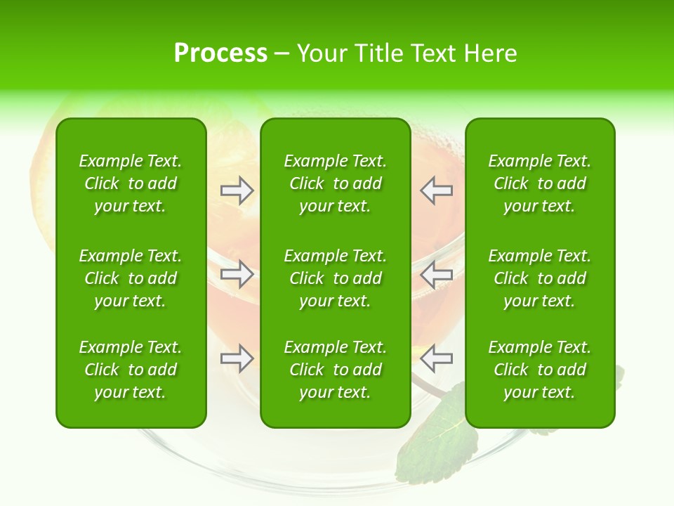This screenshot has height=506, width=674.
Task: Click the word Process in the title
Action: (x=220, y=53)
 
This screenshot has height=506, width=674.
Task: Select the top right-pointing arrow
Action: (x=237, y=190)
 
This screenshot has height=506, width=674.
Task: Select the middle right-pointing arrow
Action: (x=237, y=274)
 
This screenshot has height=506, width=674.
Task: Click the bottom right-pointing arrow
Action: (x=237, y=358)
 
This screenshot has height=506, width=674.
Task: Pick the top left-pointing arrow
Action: (x=436, y=190)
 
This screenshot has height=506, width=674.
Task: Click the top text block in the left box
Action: (x=131, y=183)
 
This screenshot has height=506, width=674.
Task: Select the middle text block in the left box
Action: (x=131, y=278)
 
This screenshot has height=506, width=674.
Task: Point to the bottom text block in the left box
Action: (x=131, y=370)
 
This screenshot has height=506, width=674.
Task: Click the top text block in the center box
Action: (x=336, y=183)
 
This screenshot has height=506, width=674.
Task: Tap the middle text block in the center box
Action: (x=336, y=278)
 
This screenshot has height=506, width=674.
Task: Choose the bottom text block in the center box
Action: (x=336, y=370)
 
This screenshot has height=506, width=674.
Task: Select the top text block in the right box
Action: (x=540, y=183)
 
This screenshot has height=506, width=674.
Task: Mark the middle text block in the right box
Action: (x=540, y=278)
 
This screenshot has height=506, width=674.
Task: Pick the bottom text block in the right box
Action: (x=540, y=370)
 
